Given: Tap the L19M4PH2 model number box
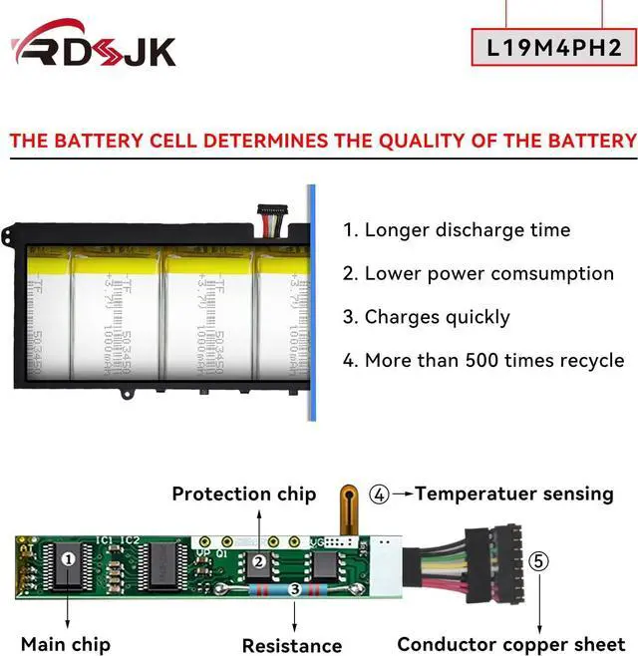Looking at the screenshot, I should point(553,48).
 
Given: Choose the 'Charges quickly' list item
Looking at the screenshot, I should point(438,317).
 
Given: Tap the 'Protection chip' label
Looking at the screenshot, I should point(244,493).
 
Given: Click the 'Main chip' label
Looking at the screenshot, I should point(66,644).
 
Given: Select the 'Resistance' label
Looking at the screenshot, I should point(292,645).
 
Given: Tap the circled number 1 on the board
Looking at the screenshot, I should point(68,559).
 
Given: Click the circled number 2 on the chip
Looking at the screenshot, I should point(258,562).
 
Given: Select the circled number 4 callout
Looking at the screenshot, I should point(379,493).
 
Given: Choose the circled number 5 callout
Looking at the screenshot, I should point(539,560).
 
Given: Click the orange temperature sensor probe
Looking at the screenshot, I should point(348,504).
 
